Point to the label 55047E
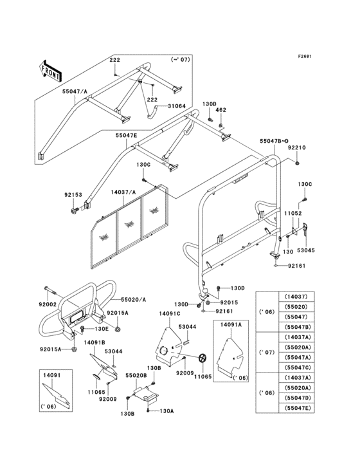(127, 136)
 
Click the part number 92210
(296, 148)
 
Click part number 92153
(73, 194)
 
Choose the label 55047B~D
(273, 140)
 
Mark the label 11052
(294, 213)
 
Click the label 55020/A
(134, 300)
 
